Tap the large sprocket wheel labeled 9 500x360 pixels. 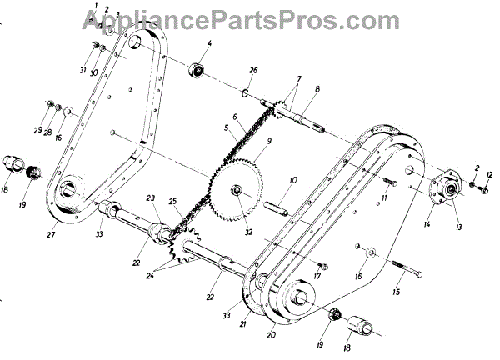tap(241, 191)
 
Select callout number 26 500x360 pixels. tap(254, 70)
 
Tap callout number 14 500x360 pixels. tap(429, 224)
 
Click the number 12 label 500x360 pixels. tap(489, 175)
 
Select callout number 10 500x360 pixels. tap(293, 180)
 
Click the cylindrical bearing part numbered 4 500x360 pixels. tap(199, 68)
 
